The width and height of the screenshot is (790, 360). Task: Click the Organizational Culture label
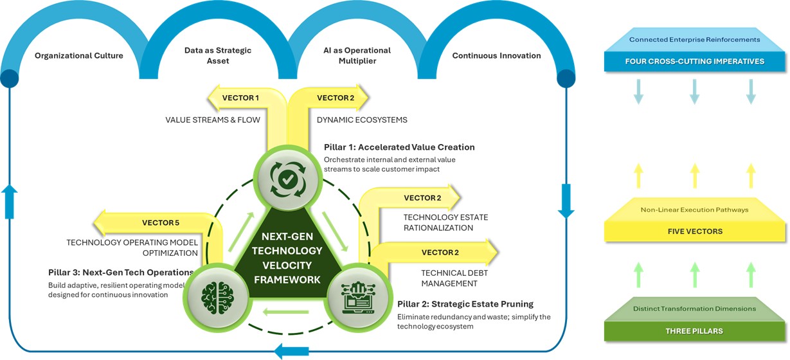[78, 55]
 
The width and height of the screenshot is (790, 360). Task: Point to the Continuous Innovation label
[496, 55]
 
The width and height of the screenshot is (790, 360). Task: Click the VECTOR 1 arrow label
[240, 98]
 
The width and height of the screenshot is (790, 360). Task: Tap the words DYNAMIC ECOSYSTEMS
[362, 120]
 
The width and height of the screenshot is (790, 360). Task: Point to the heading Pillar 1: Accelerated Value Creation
[399, 147]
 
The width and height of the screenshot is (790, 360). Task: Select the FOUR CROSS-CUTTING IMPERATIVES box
[694, 62]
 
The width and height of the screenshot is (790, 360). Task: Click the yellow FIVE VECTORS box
[694, 231]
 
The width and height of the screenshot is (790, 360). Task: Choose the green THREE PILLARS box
[694, 331]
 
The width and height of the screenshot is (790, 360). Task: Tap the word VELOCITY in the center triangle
[287, 265]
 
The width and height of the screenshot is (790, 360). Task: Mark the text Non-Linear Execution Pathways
[694, 210]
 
